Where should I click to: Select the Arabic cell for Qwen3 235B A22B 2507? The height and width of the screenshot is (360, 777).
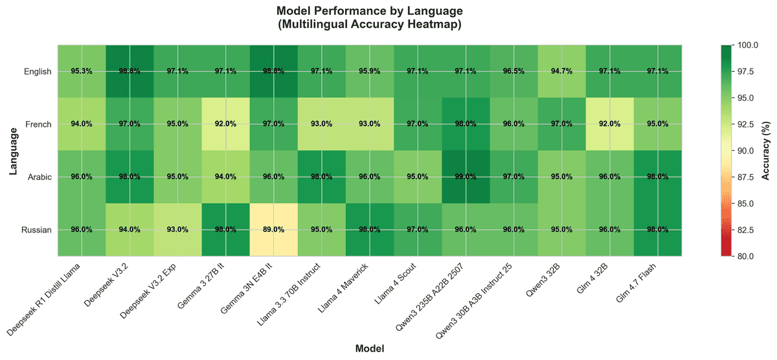[466, 177]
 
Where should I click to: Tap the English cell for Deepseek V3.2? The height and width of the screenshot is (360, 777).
[129, 71]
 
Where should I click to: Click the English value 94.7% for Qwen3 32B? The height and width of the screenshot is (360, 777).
[561, 71]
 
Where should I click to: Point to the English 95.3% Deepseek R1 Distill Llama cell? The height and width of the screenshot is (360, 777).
[82, 71]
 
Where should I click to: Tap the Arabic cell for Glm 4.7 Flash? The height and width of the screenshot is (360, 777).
[657, 177]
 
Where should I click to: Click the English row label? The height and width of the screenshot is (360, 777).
[36, 71]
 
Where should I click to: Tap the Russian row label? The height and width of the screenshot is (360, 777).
[36, 230]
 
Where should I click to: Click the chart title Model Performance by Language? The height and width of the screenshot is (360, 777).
[369, 11]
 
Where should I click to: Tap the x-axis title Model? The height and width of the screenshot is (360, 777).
[369, 348]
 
